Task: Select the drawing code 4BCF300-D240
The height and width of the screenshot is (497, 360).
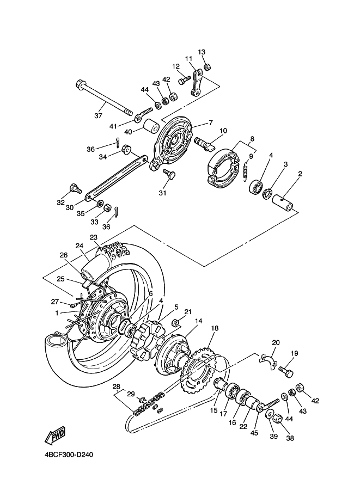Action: (x=69, y=454)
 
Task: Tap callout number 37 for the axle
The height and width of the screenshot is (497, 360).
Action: (x=98, y=116)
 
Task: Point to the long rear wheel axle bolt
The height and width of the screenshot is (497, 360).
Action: (x=103, y=98)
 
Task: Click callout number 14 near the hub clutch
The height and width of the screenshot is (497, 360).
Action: (x=198, y=321)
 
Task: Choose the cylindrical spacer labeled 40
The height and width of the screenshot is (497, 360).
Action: (x=151, y=126)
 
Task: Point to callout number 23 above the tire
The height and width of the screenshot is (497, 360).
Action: (x=94, y=237)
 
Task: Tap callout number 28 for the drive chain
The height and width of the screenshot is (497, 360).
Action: (x=117, y=386)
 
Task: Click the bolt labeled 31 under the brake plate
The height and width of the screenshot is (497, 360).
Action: (x=169, y=174)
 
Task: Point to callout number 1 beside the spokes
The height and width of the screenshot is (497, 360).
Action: (x=57, y=313)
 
